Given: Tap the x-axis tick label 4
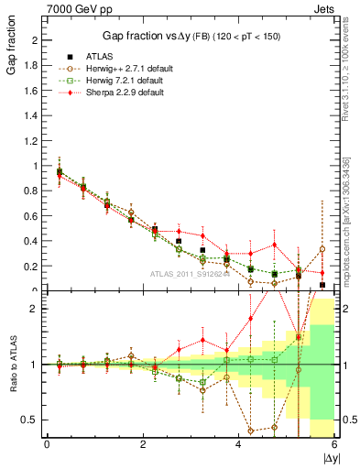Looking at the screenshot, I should point(238,445).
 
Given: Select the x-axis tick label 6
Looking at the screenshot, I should point(334,445).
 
